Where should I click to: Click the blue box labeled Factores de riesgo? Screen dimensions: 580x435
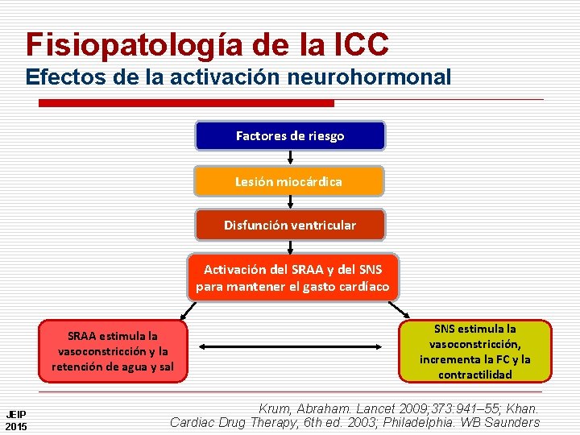pos(290,136)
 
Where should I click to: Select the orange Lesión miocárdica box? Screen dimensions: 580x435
pos(288,181)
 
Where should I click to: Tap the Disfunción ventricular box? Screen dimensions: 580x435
pos(290,225)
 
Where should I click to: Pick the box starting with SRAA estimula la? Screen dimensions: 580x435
pos(113,351)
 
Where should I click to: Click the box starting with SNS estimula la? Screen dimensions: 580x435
pos(475,351)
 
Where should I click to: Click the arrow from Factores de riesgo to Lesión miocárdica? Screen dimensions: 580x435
pos(290,158)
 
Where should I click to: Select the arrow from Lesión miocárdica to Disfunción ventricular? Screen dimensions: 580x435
pos(290,202)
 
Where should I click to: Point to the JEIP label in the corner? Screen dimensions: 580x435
pos(15,414)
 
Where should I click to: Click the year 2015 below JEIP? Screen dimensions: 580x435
pos(15,425)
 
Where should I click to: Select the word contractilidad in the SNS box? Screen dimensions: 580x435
pos(475,375)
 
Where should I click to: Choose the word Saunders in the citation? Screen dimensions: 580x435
pos(509,422)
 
